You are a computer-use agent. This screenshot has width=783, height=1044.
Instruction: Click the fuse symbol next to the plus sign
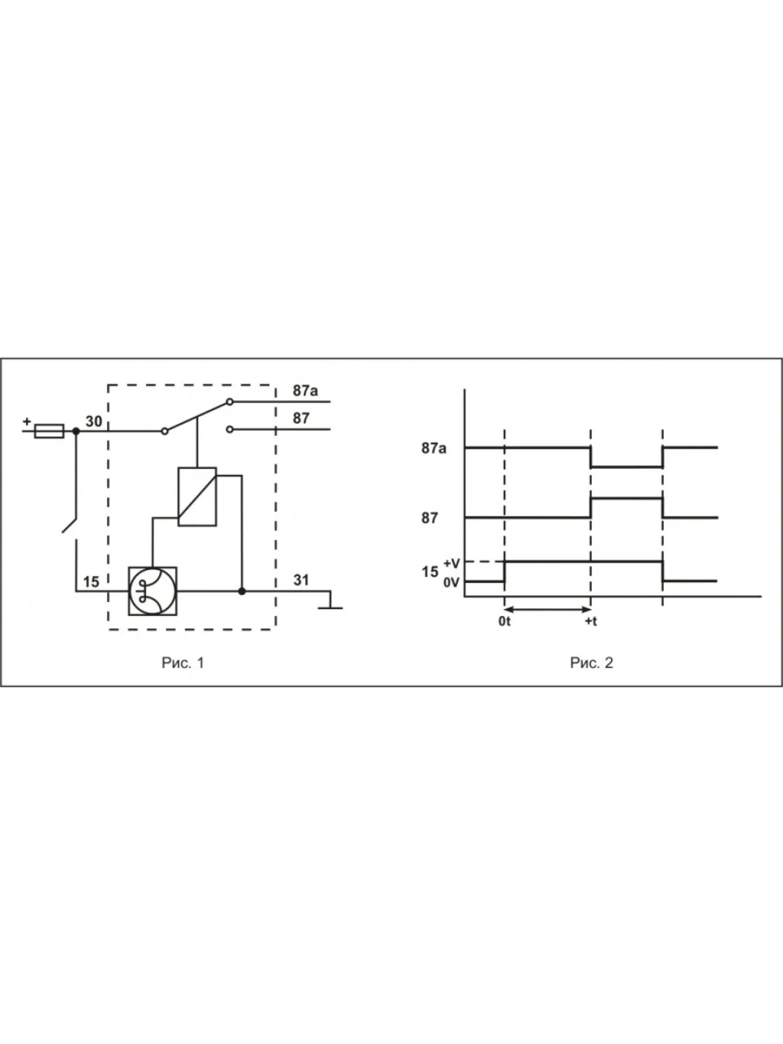(x=50, y=431)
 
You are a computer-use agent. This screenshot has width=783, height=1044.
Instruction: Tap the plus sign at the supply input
(x=27, y=421)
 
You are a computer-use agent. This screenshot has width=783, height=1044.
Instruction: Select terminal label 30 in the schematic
(x=94, y=421)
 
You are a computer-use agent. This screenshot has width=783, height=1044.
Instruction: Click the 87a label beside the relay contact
(x=305, y=391)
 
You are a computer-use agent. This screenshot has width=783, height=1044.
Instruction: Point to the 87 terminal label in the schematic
(x=301, y=418)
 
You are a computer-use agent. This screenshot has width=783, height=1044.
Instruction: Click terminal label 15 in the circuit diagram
(x=91, y=582)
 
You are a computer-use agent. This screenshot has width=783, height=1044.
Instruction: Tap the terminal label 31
(x=301, y=579)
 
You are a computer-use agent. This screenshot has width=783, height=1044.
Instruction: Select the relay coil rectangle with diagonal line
(x=197, y=497)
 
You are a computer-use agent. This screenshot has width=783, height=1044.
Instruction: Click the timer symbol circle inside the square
(x=152, y=592)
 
